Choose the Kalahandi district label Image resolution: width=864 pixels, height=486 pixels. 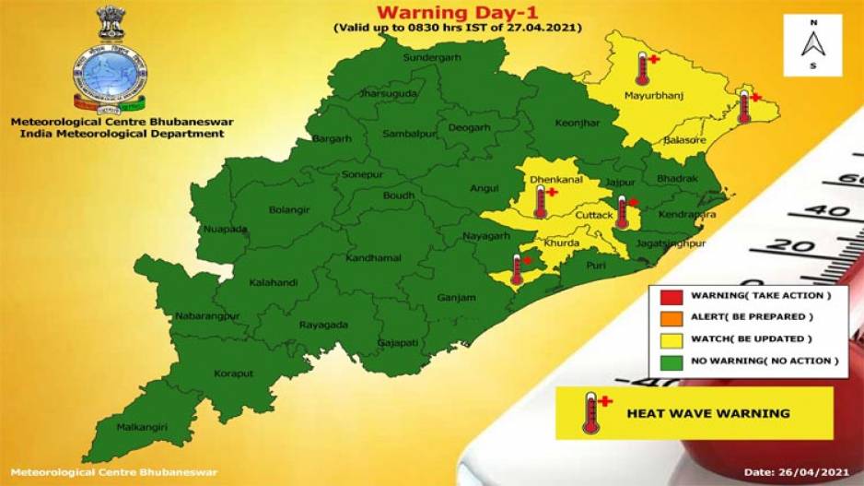pos(274,283)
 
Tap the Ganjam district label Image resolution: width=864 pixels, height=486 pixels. pos(456,297)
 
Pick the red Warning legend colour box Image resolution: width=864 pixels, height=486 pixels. pos(671,295)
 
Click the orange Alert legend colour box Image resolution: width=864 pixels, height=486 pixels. pos(671,316)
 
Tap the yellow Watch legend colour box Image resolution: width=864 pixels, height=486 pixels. pos(671,338)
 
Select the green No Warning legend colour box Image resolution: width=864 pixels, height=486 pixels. pos(671,361)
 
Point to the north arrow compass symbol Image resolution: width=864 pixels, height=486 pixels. pos(811,44)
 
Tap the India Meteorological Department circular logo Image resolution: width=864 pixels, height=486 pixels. pos(110,74)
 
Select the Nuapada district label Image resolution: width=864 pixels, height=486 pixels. pos(226,228)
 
